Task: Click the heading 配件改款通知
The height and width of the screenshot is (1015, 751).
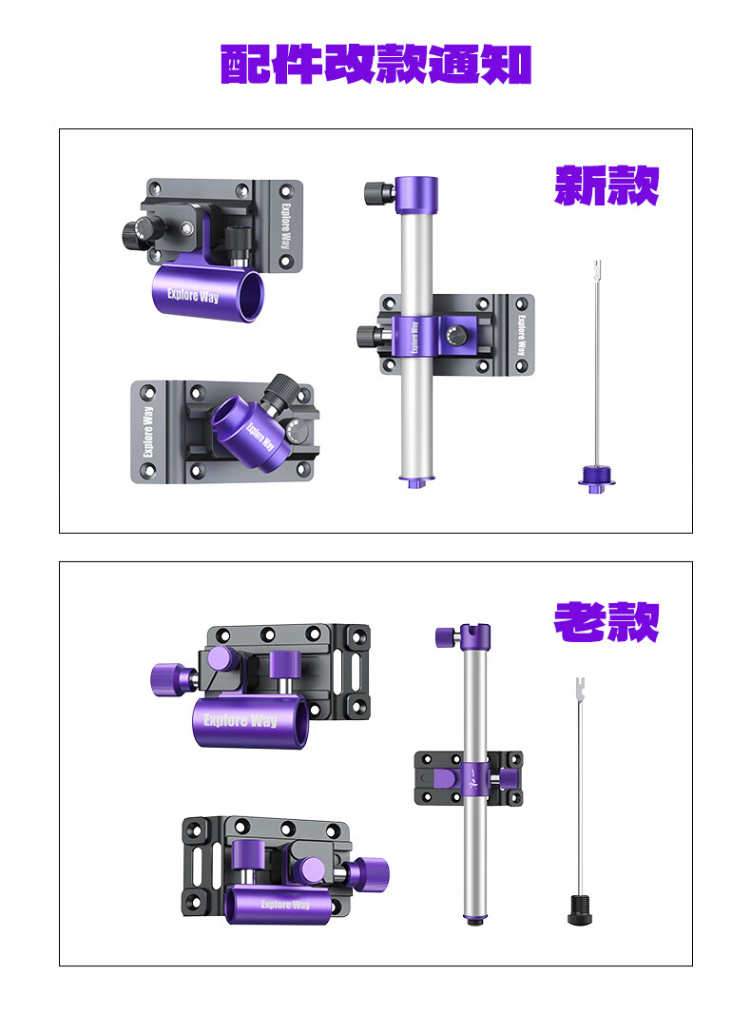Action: point(375,64)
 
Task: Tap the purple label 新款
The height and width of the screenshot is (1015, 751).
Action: point(607,185)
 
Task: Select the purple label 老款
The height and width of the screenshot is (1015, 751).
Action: point(607,622)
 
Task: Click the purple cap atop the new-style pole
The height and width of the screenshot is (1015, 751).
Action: point(416,194)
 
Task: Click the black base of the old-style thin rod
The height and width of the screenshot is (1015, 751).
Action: point(580,909)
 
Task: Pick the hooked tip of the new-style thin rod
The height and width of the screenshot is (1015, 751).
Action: point(598,267)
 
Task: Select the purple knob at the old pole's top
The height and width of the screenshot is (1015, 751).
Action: point(448,636)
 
